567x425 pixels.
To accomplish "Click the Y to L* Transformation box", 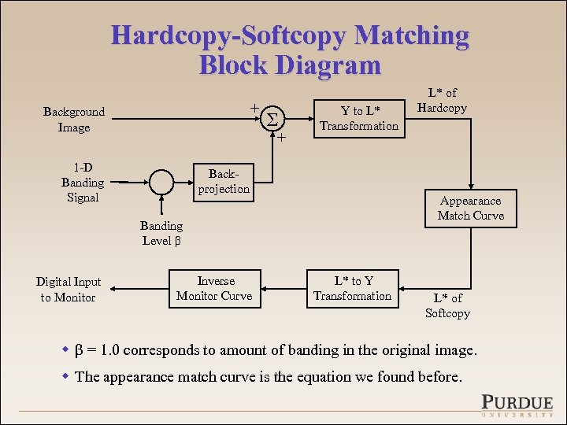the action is (358, 118).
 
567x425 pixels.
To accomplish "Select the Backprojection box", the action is (224, 181).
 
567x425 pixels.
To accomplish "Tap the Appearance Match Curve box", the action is (470, 209).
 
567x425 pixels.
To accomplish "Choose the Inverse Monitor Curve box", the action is (214, 288).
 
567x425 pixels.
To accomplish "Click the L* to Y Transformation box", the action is (352, 288).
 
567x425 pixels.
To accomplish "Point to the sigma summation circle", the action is (272, 118).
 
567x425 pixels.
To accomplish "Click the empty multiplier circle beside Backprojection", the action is (161, 182).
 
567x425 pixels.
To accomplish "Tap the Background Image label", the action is (74, 120).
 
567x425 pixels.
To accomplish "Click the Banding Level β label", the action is (161, 233).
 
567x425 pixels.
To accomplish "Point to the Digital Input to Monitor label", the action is (69, 289).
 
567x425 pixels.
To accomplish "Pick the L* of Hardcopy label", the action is (442, 101).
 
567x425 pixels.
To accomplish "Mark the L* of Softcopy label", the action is (447, 305).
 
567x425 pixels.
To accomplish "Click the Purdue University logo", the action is (517, 403).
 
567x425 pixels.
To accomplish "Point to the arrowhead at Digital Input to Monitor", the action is (106, 289).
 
